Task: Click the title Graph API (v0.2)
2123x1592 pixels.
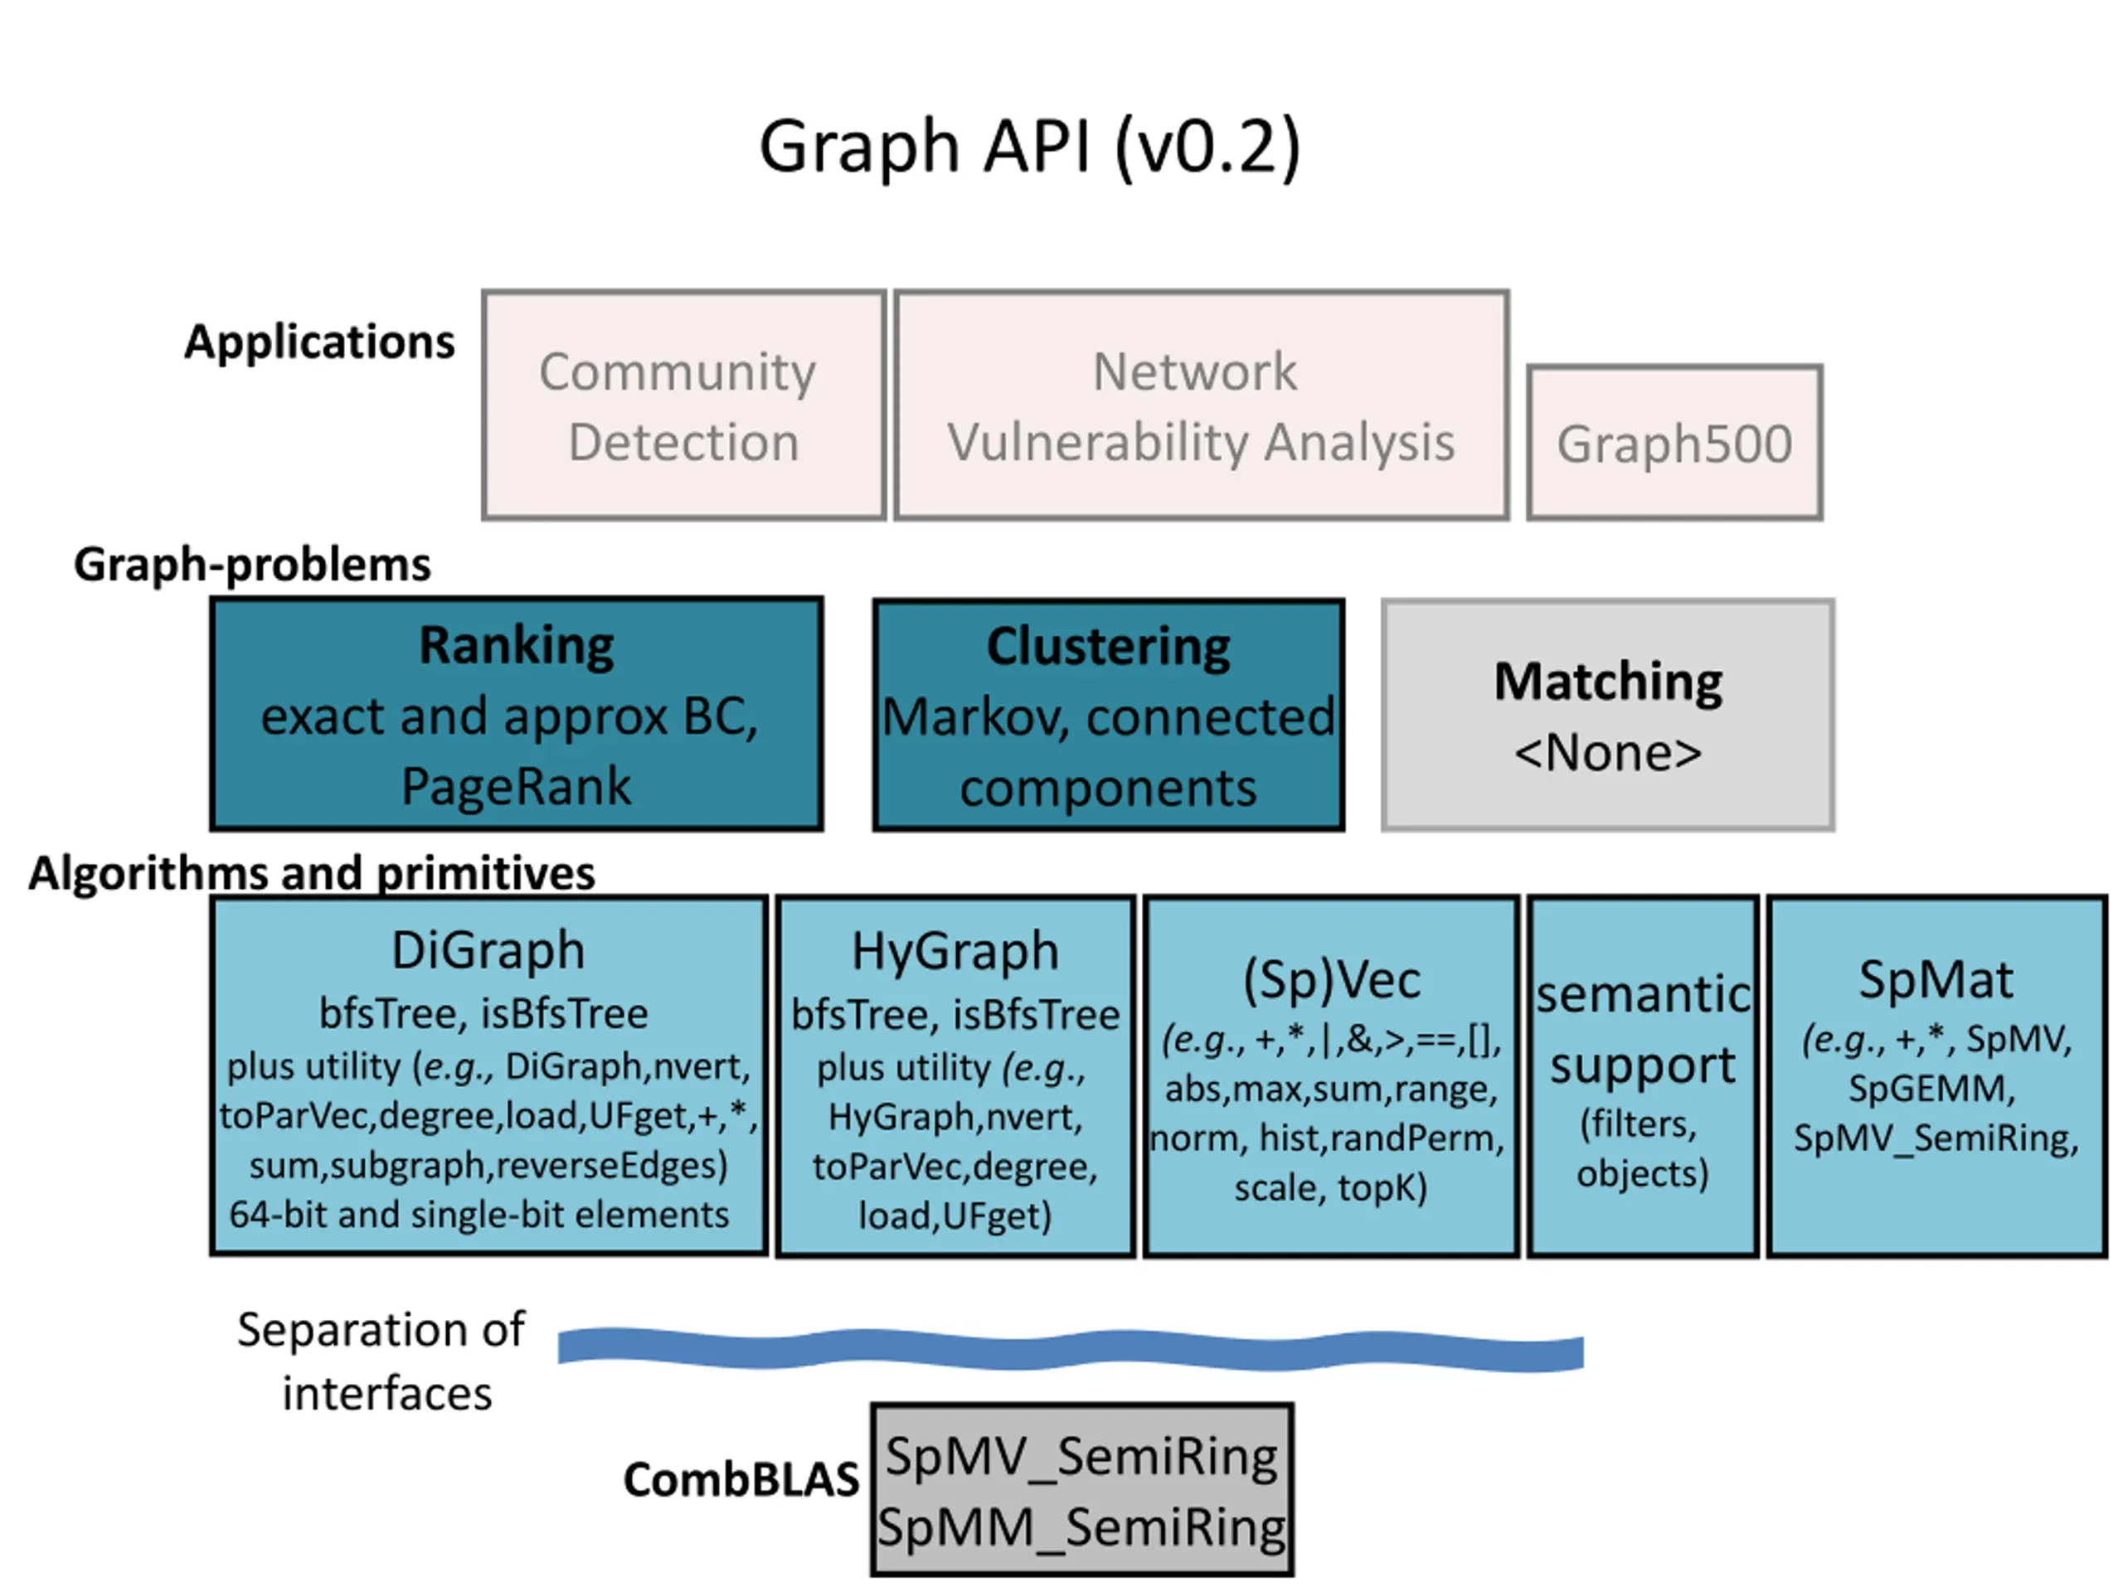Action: [x=1030, y=147]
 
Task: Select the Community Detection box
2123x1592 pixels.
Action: [x=683, y=405]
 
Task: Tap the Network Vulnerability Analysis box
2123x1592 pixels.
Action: [x=1202, y=405]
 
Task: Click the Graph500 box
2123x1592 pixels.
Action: [x=1675, y=443]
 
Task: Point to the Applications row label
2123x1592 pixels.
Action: [x=319, y=342]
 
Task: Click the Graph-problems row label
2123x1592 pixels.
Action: [x=252, y=565]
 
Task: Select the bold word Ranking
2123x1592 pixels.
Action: [x=517, y=645]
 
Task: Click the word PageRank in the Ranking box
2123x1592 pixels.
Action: [x=517, y=787]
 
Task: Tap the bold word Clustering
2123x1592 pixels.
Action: [x=1109, y=647]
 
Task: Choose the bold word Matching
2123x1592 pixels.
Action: [x=1609, y=682]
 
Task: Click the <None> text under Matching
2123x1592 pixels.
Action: [x=1609, y=753]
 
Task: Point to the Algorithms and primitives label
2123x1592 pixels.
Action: [x=312, y=873]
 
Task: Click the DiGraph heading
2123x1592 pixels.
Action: [x=488, y=951]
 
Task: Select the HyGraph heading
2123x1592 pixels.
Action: [x=956, y=952]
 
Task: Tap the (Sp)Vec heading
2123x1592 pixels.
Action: [x=1332, y=981]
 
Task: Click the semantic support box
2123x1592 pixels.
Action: [x=1643, y=1077]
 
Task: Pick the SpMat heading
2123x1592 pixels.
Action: [x=1936, y=980]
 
